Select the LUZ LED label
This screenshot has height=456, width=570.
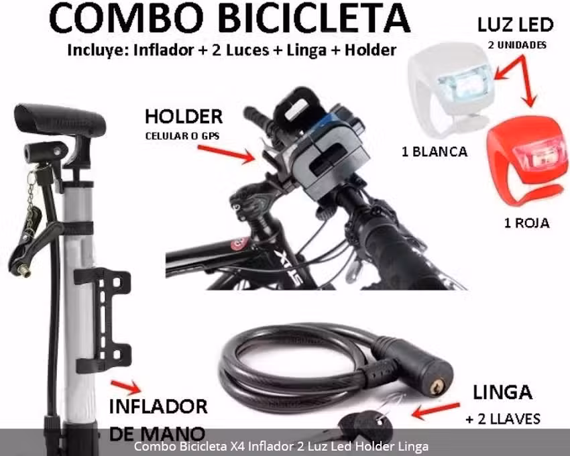click(x=515, y=25)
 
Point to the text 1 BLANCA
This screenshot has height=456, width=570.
click(x=434, y=152)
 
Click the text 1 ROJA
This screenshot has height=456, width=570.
click(x=526, y=223)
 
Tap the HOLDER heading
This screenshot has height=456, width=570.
click(x=183, y=117)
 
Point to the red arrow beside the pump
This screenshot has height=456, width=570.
click(x=125, y=387)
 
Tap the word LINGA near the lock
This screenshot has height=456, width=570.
click(x=502, y=392)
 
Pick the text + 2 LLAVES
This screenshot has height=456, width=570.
click(x=503, y=419)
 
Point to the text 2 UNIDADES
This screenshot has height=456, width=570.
click(x=516, y=46)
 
